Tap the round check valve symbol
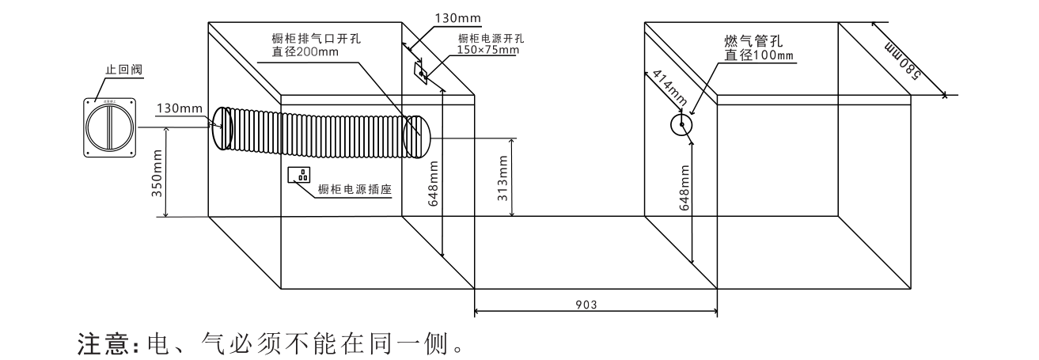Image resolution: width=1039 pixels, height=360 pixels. (x=111, y=127)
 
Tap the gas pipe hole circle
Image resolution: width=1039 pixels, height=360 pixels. (x=681, y=124)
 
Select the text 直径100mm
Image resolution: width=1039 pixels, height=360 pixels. (x=759, y=55)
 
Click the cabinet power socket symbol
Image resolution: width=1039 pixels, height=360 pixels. (x=299, y=175)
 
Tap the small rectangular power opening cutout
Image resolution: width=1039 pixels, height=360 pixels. (x=422, y=72)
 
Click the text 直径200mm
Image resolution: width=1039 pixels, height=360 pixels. (x=305, y=53)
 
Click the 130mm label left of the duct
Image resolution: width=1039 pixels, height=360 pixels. (x=179, y=108)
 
